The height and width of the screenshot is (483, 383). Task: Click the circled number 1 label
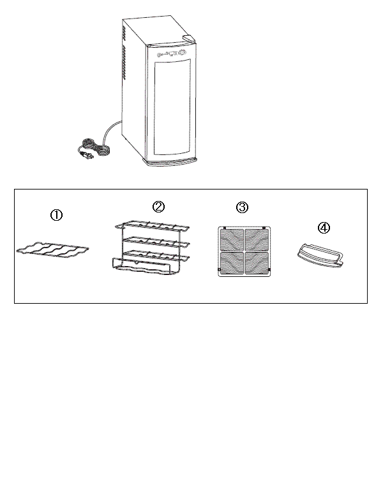click(x=56, y=216)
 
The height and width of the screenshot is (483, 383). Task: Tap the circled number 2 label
click(x=158, y=206)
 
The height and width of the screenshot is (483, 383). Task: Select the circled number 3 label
click(x=242, y=207)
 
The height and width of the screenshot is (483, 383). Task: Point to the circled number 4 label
click(x=324, y=228)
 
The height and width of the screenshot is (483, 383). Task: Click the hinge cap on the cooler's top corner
click(x=186, y=39)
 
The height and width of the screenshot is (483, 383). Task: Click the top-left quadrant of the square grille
click(x=230, y=241)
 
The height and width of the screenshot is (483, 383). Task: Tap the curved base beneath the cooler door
click(x=171, y=164)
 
